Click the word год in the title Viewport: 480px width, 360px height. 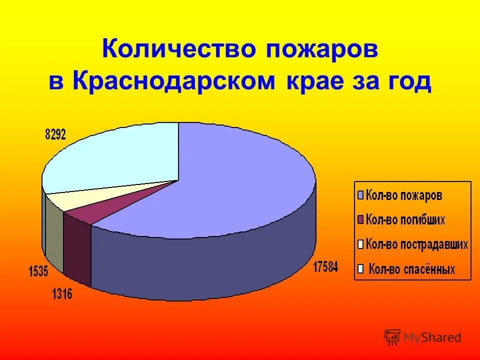[407, 81]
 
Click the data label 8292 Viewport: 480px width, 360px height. [55, 135]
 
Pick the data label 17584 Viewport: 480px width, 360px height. [325, 267]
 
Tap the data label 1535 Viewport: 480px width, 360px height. [38, 272]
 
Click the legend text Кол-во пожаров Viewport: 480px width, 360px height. [404, 195]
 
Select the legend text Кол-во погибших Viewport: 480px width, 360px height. [405, 219]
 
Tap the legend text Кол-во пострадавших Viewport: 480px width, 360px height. [417, 244]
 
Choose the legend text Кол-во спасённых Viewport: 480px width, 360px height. [412, 269]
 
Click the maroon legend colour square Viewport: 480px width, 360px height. [360, 219]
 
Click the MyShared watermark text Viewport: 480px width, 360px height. [432, 337]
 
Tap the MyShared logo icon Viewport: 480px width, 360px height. [392, 337]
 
